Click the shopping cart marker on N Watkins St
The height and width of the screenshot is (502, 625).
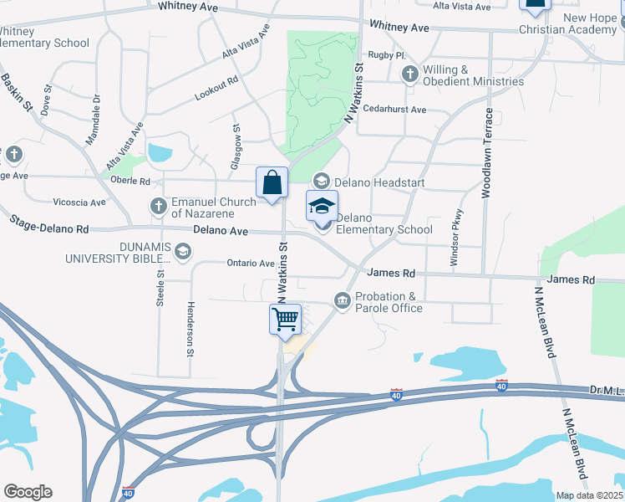click(285, 320)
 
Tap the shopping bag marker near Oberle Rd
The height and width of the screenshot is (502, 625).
click(272, 182)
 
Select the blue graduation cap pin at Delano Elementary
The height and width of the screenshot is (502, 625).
click(322, 207)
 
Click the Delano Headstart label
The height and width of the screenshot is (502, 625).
click(380, 182)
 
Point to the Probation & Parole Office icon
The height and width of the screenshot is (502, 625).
click(342, 300)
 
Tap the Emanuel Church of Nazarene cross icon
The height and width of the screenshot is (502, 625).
click(159, 205)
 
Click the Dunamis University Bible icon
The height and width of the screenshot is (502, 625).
click(183, 250)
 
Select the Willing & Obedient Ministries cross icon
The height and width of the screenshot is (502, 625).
click(409, 74)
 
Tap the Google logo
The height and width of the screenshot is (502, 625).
click(28, 491)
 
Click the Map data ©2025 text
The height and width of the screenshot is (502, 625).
click(589, 495)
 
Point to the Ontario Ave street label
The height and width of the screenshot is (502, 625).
click(251, 263)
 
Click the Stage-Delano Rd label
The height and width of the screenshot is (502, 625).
click(48, 223)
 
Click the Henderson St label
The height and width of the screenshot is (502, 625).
click(191, 329)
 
